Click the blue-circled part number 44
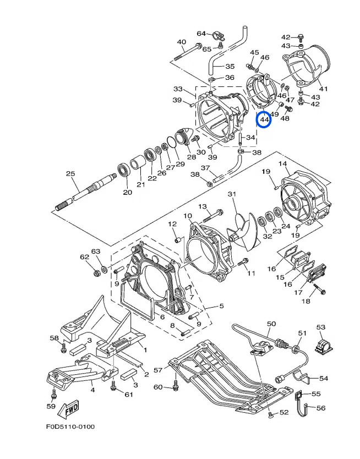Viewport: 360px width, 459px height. (264, 119)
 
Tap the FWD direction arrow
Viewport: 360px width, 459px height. (68, 409)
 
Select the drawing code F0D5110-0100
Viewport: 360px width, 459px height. (70, 427)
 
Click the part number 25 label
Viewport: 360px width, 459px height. (70, 173)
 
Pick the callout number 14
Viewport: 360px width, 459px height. (283, 163)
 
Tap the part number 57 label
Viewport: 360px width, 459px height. (158, 370)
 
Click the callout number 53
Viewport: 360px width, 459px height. (321, 327)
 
